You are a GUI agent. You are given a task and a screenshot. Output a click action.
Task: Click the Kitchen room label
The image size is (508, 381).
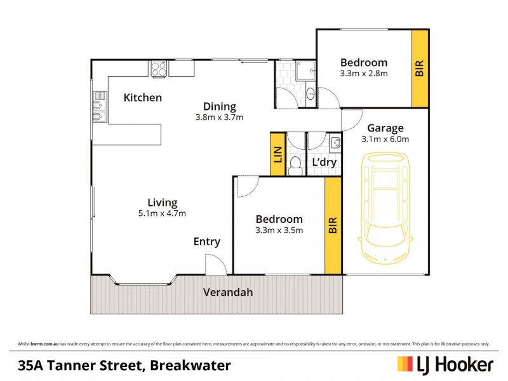(x=142, y=98)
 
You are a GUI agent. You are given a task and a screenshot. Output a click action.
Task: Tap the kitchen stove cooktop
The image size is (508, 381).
(x=159, y=68)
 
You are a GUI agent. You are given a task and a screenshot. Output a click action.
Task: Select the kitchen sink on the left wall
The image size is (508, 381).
(x=100, y=107)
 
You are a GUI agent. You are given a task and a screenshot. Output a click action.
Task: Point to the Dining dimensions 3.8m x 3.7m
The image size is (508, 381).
(x=220, y=117)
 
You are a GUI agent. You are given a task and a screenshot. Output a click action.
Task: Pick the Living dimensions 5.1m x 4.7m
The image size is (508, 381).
(x=162, y=213)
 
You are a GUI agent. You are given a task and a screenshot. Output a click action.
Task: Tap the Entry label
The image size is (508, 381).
(x=207, y=242)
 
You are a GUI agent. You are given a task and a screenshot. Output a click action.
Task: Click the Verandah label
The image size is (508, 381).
(x=228, y=293)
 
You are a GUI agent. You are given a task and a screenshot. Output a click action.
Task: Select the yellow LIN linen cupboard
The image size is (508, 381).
(x=277, y=154)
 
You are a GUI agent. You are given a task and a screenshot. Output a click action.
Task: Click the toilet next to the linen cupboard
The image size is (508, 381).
(x=295, y=165)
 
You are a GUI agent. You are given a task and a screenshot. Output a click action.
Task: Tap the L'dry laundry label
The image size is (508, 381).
(x=324, y=163)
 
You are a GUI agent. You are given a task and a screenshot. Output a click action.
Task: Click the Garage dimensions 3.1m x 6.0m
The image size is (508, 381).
(x=385, y=139)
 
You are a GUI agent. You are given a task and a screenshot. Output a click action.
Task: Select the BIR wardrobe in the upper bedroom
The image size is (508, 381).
(x=420, y=69)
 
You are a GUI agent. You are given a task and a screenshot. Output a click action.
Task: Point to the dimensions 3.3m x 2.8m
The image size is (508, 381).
(x=364, y=74)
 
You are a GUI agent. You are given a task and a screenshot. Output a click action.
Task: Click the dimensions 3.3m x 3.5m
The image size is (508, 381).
(x=279, y=231)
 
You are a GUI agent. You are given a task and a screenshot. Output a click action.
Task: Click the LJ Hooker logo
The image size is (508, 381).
(x=445, y=364)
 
